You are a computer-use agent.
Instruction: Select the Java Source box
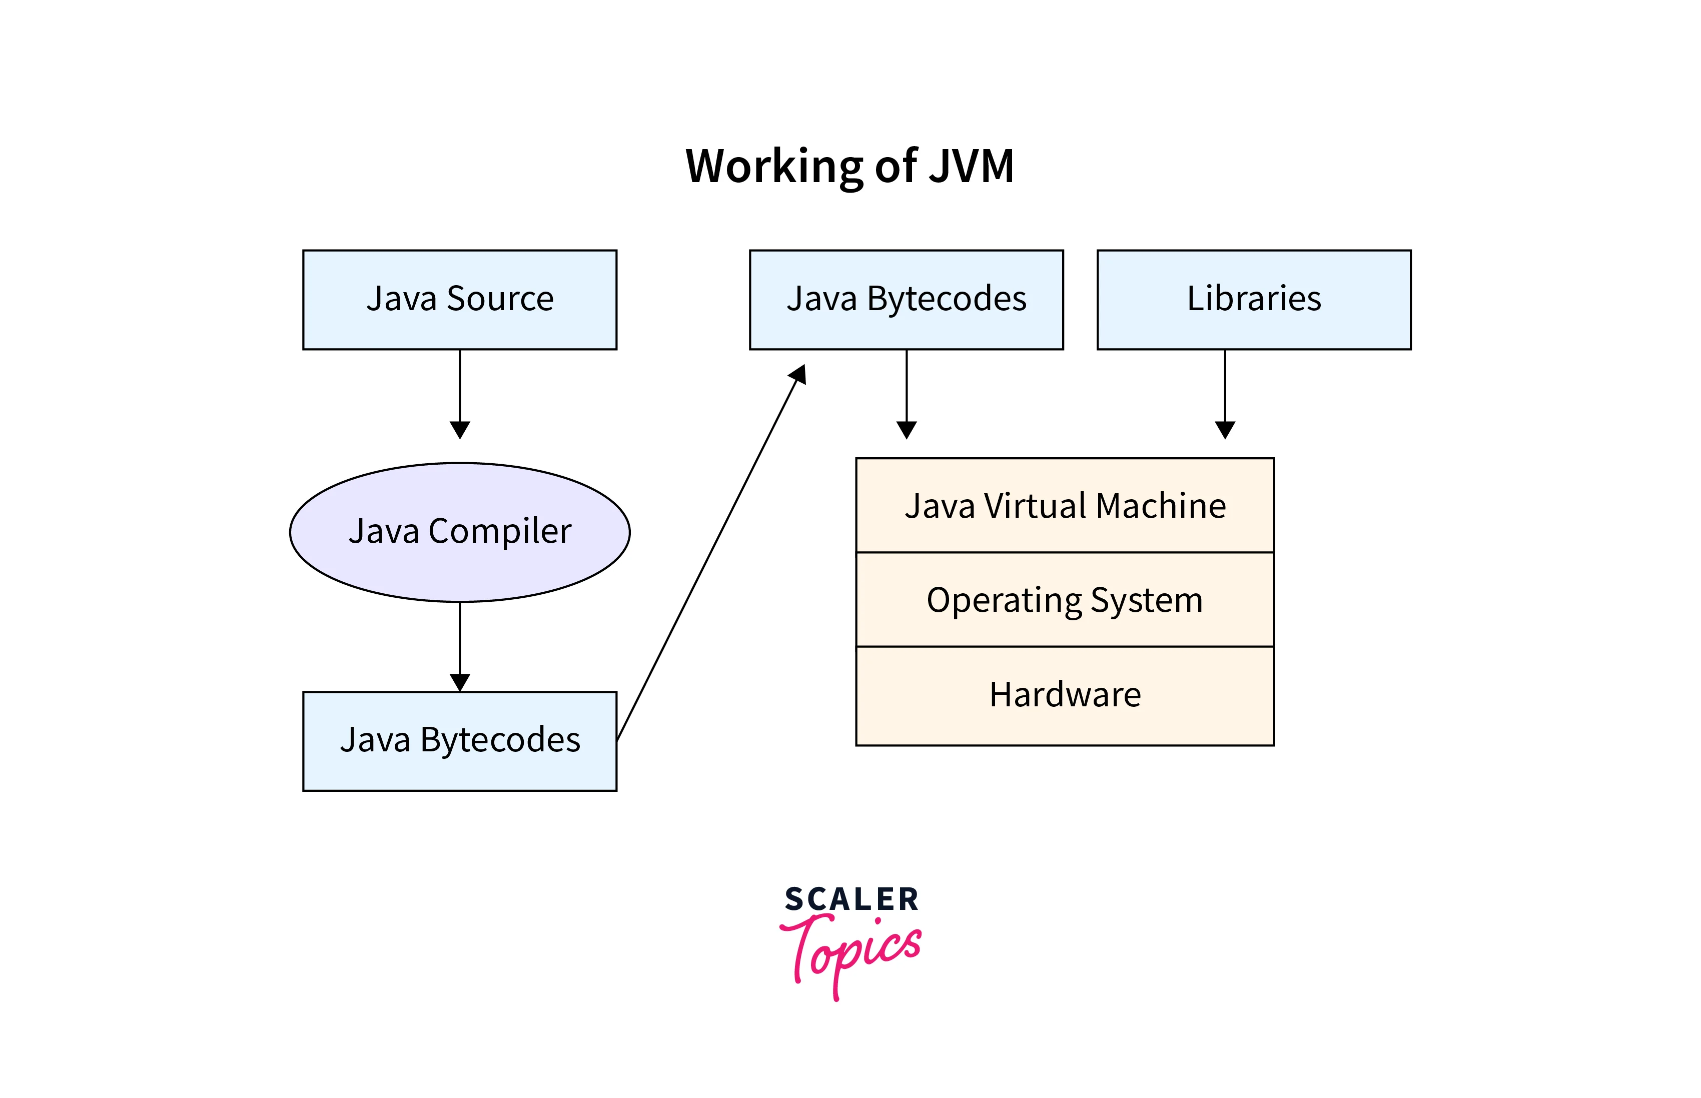point(460,300)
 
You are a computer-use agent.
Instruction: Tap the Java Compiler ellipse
point(460,532)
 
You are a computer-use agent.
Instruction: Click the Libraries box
point(1253,300)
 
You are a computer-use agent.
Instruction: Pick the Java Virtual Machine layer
point(1064,506)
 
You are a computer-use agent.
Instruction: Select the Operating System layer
point(1064,600)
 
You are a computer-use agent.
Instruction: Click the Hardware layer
point(1064,695)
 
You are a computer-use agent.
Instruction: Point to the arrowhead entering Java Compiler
point(460,429)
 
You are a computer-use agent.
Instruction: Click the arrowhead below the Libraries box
point(1225,429)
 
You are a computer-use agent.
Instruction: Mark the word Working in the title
point(775,166)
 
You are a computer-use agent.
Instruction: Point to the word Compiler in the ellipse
point(500,531)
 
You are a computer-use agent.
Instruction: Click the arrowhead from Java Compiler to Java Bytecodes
point(460,682)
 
